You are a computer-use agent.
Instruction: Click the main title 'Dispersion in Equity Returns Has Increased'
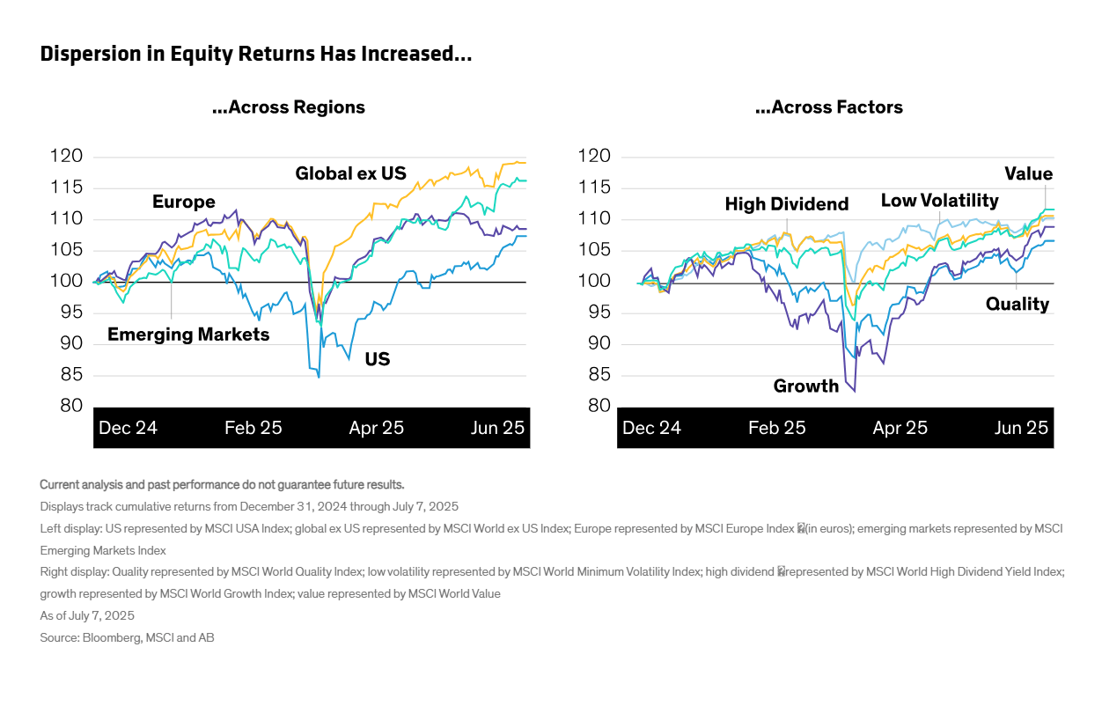[256, 55]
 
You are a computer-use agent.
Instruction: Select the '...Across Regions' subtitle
[289, 107]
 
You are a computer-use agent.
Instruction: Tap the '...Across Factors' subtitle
[829, 107]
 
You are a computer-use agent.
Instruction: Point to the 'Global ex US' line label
[350, 173]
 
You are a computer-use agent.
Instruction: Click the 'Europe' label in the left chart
[183, 202]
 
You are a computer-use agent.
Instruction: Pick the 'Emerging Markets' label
[188, 335]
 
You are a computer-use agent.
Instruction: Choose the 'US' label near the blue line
[378, 359]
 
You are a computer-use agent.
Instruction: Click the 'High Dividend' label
[786, 204]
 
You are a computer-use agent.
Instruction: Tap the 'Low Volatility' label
[939, 201]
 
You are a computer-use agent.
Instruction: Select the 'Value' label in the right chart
[1028, 173]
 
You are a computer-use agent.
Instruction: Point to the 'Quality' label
[1018, 305]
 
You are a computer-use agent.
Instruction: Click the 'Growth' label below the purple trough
[805, 386]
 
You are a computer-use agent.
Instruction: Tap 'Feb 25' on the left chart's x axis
[253, 428]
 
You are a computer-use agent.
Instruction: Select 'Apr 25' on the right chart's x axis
[900, 428]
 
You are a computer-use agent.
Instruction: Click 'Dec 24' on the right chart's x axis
[651, 428]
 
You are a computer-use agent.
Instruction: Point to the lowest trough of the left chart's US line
[319, 377]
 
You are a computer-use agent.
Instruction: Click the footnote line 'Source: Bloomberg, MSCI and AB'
[127, 637]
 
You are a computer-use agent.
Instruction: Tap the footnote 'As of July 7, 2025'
[87, 615]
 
